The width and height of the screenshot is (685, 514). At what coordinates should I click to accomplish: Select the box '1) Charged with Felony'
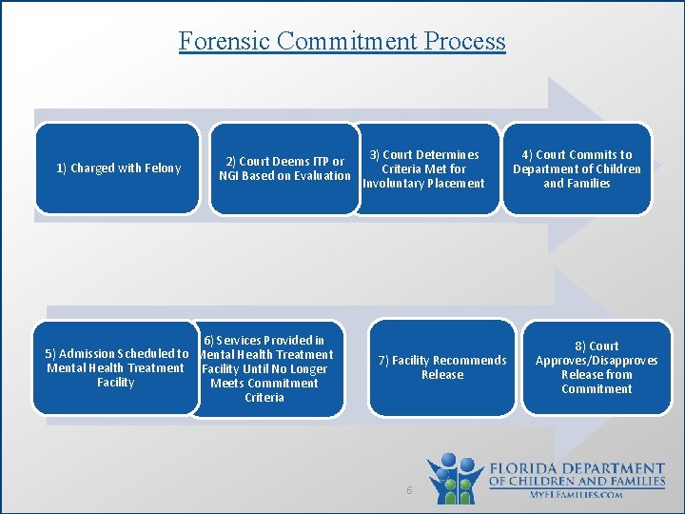pyautogui.click(x=118, y=168)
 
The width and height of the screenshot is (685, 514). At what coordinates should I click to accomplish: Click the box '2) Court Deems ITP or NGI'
pyautogui.click(x=284, y=168)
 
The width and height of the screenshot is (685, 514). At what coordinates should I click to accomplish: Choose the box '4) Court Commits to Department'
pyautogui.click(x=577, y=168)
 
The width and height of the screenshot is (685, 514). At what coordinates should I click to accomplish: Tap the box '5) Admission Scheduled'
pyautogui.click(x=116, y=368)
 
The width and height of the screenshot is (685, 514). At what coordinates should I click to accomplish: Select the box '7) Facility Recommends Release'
pyautogui.click(x=442, y=367)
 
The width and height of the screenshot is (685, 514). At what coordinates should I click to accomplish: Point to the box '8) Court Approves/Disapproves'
pyautogui.click(x=597, y=367)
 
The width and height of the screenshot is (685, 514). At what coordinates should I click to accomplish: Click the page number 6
pyautogui.click(x=408, y=490)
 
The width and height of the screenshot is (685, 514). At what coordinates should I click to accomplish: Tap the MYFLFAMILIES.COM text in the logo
pyautogui.click(x=577, y=495)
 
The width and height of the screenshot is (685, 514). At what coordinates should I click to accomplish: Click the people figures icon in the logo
pyautogui.click(x=456, y=477)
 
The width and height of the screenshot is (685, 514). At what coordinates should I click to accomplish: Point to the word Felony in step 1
pyautogui.click(x=163, y=168)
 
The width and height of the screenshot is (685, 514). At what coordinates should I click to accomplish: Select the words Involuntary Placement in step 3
pyautogui.click(x=424, y=184)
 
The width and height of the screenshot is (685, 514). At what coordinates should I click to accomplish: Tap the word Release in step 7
pyautogui.click(x=442, y=375)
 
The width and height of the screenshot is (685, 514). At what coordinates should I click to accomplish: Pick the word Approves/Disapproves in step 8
pyautogui.click(x=597, y=361)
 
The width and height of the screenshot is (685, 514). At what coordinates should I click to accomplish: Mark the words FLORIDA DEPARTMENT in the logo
pyautogui.click(x=577, y=469)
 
